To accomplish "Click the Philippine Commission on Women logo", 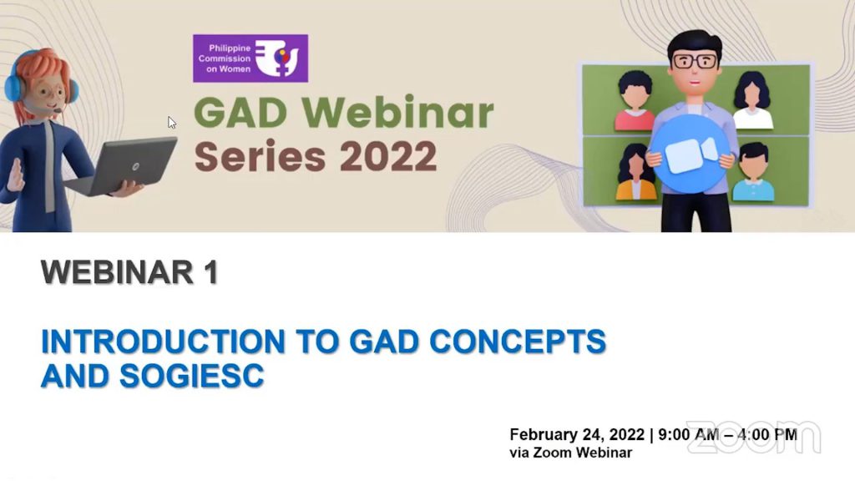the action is point(250,58).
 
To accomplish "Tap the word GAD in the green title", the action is point(240,113).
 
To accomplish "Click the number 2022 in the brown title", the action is point(388,156).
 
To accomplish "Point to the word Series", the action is point(261,156).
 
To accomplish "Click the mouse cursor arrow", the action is point(172,123).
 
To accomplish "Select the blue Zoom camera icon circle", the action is point(691,154).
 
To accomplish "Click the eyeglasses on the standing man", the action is point(695,60).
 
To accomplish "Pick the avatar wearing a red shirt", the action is point(635,101).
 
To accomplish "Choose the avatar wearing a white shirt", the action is point(752,101).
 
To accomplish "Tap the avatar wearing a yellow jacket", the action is point(635,172).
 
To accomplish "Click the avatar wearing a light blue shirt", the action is point(754,172).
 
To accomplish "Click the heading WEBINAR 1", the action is point(129,271).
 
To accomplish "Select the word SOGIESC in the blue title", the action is point(191,376).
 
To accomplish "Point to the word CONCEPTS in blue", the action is point(518,342).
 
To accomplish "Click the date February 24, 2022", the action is point(577,434).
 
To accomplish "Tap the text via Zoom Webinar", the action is point(571,453).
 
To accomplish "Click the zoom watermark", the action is point(754,437).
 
